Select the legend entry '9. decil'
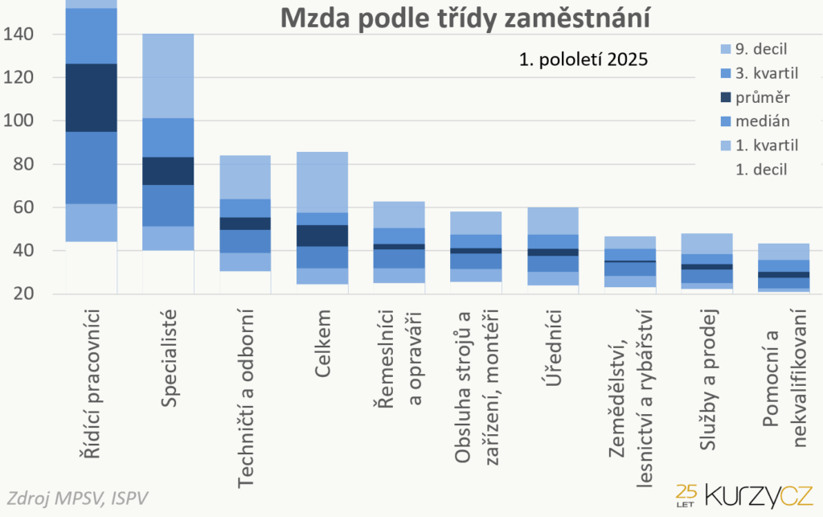[x=768, y=48]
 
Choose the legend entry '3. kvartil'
[x=771, y=73]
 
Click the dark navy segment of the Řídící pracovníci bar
[x=91, y=97]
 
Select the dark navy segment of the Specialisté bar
[x=167, y=170]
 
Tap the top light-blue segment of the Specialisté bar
[x=167, y=76]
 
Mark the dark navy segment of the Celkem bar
[x=321, y=235]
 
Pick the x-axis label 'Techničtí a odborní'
[x=245, y=397]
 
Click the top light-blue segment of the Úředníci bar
[x=552, y=220]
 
